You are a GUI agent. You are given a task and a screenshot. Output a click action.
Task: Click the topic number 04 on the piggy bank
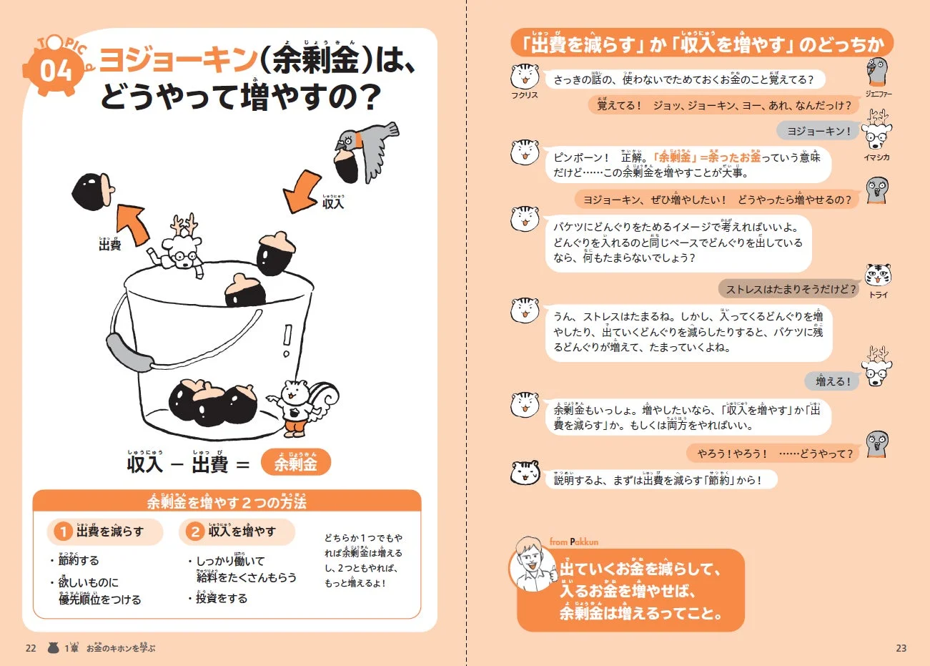tap(56, 72)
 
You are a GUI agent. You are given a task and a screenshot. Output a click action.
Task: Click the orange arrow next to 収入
tap(302, 191)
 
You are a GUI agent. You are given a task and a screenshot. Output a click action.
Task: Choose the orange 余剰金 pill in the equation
tap(296, 464)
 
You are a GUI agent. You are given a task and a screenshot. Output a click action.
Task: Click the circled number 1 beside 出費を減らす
tap(64, 532)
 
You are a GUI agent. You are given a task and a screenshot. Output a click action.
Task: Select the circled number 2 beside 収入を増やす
tap(194, 532)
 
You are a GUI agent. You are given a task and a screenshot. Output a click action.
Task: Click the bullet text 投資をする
tap(222, 598)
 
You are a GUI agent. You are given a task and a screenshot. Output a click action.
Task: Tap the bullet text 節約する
tap(79, 560)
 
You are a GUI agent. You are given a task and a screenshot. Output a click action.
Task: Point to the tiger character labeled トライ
tap(878, 275)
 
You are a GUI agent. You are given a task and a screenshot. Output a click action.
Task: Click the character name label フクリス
tap(524, 95)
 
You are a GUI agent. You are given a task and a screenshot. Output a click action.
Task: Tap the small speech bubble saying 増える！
tap(833, 381)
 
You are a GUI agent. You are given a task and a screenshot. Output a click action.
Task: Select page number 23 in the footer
tap(901, 648)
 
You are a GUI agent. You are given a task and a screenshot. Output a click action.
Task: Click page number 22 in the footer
tap(31, 648)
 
